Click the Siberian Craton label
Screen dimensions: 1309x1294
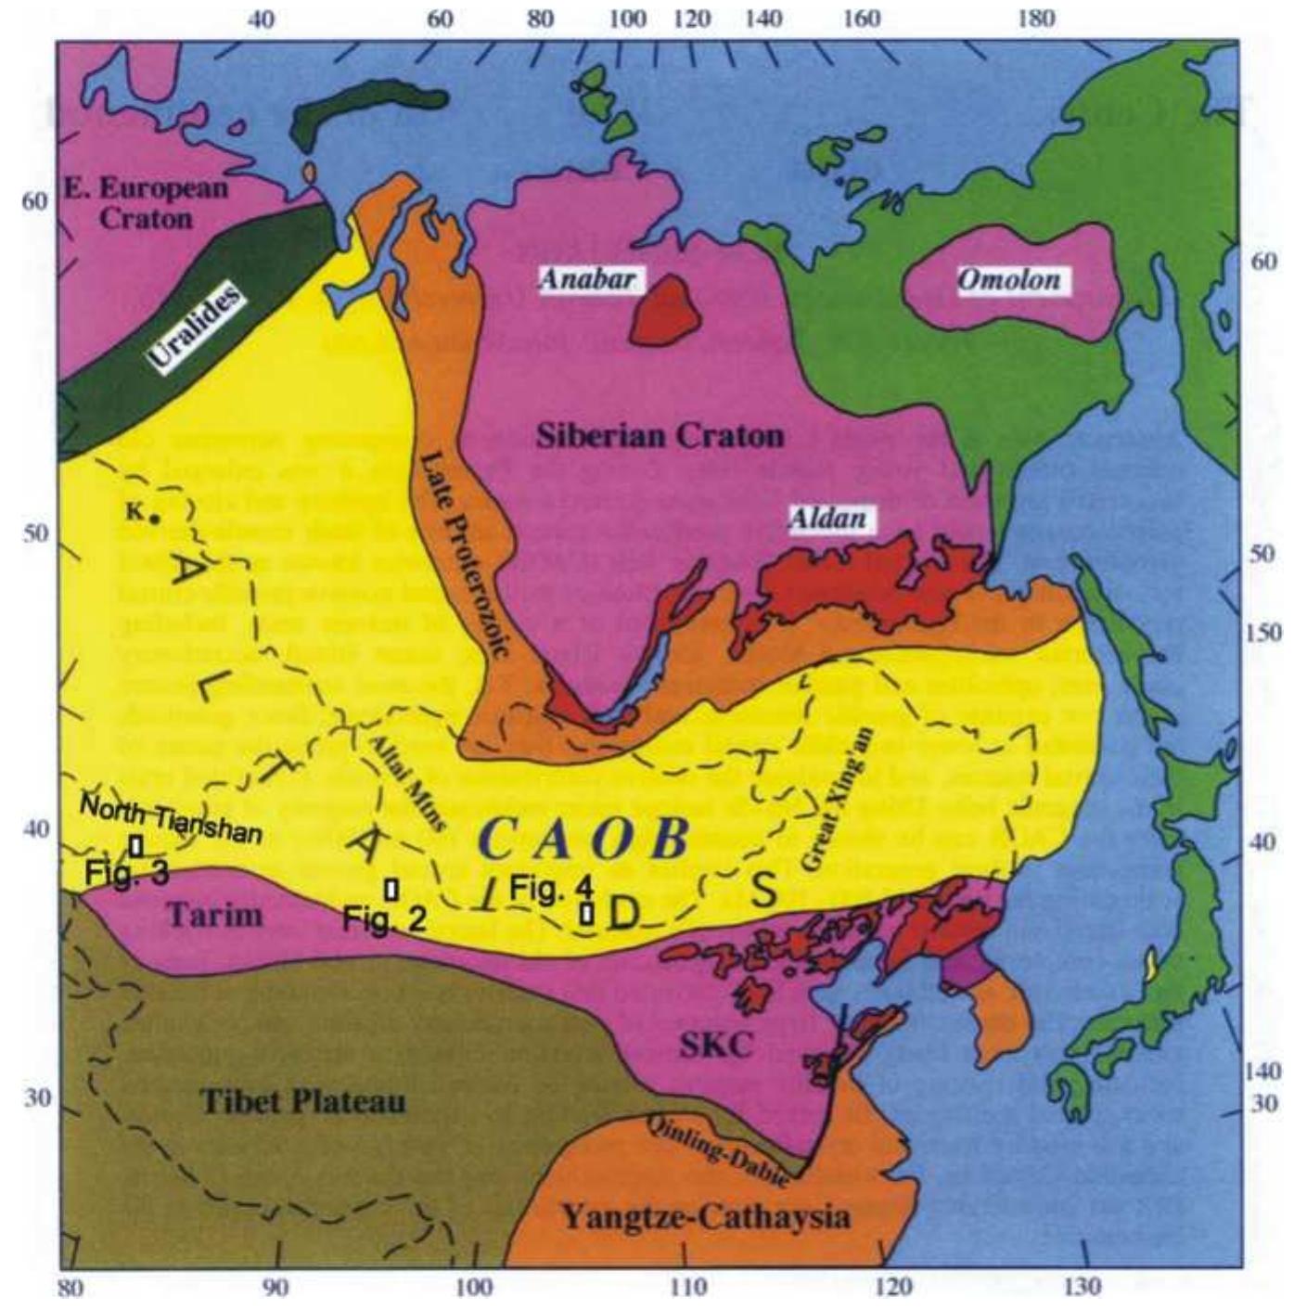click(x=660, y=435)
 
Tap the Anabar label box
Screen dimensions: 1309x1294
click(x=587, y=278)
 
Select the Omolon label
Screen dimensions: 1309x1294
click(x=1008, y=279)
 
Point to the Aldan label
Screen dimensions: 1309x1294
click(x=827, y=519)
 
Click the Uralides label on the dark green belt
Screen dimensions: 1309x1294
click(x=197, y=326)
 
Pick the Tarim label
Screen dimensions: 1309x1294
click(x=214, y=915)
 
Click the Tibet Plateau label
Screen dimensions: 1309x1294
click(x=303, y=1101)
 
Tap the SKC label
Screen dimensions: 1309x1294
click(x=715, y=1046)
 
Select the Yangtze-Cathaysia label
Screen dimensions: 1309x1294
click(x=706, y=1216)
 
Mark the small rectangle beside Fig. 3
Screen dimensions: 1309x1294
click(x=136, y=846)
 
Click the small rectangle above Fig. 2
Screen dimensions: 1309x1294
click(x=391, y=889)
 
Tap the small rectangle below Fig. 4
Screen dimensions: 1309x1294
click(x=586, y=913)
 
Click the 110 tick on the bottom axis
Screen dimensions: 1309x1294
click(x=687, y=1288)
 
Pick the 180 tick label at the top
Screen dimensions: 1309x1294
click(x=1035, y=19)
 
